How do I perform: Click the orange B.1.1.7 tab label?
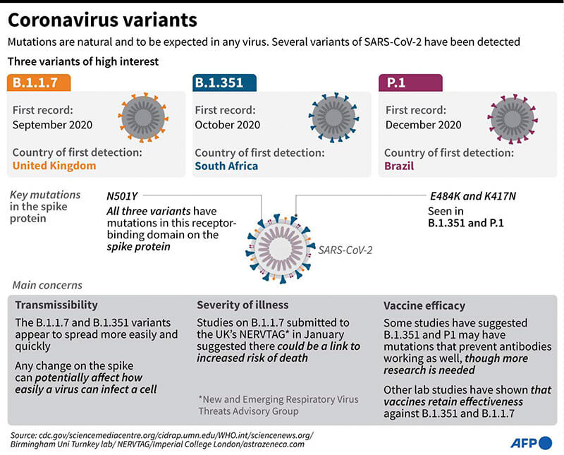39,83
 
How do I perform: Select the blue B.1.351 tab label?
224,83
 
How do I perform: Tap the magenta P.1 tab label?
410,83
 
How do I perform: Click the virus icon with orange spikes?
143,117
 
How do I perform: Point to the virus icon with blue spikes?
333,117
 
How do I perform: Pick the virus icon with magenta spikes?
513,119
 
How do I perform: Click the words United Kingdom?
54,166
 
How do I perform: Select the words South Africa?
226,166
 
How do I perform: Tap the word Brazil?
399,166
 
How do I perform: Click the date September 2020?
52,125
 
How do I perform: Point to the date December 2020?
424,125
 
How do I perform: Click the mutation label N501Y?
122,196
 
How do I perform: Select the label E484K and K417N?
472,196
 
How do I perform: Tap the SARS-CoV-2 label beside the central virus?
345,250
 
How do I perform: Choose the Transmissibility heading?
56,305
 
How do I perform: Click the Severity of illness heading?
243,305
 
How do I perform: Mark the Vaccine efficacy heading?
424,305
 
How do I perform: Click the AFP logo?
532,443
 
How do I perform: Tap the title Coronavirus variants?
102,20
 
